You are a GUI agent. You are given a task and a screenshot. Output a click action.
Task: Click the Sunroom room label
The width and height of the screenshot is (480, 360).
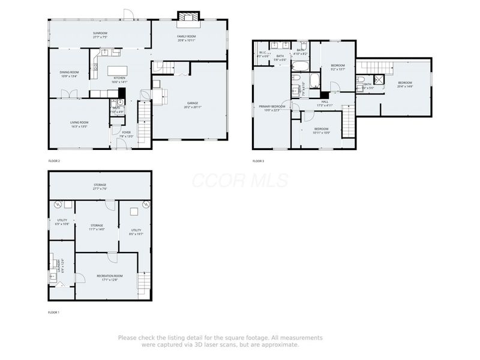pyautogui.click(x=100, y=33)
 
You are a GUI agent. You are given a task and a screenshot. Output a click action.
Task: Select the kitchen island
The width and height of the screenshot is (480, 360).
pyautogui.click(x=117, y=70)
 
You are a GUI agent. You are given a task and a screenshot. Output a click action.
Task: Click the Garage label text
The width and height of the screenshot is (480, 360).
pyautogui.click(x=192, y=103)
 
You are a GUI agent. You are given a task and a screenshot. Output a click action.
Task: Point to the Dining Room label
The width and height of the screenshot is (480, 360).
pyautogui.click(x=69, y=72)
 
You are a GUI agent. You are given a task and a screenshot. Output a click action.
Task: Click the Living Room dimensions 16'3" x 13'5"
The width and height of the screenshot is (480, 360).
pyautogui.click(x=79, y=127)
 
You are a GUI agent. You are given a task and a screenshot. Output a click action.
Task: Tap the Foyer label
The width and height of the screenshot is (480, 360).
pyautogui.click(x=126, y=132)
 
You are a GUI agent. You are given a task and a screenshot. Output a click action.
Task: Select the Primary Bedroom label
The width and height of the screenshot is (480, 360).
pyautogui.click(x=272, y=106)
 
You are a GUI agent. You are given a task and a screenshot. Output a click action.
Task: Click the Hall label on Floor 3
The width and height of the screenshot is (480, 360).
pyautogui.click(x=325, y=102)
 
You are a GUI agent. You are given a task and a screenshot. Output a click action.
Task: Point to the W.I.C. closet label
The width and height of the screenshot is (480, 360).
pyautogui.click(x=263, y=52)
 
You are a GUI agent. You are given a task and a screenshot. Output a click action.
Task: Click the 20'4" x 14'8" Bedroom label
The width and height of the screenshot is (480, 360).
pyautogui.click(x=405, y=84)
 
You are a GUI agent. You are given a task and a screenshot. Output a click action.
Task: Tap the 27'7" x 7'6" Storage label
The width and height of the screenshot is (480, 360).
pyautogui.click(x=100, y=185)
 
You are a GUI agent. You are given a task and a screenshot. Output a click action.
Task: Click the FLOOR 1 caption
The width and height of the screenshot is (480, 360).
pyautogui.click(x=54, y=313)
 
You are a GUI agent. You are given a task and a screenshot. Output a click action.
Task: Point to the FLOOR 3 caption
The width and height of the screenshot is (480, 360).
pyautogui.click(x=258, y=161)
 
